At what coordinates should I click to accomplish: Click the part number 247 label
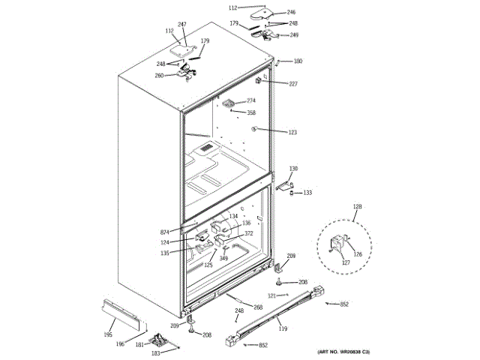click(x=181, y=25)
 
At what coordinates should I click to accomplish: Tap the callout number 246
click(x=291, y=13)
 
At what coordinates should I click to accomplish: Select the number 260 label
click(x=160, y=75)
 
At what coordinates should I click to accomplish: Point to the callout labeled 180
click(x=298, y=61)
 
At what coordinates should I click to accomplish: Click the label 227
click(x=293, y=84)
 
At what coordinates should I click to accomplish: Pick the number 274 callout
click(x=251, y=100)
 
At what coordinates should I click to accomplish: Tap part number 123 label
click(x=292, y=132)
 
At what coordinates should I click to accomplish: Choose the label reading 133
click(x=307, y=193)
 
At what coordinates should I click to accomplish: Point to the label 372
click(x=248, y=233)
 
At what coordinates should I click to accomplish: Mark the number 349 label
click(x=223, y=259)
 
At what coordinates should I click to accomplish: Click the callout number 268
click(x=257, y=307)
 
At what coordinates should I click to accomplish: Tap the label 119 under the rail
click(x=283, y=328)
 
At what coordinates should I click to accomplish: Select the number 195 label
click(x=107, y=334)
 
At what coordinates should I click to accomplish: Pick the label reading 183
click(x=156, y=352)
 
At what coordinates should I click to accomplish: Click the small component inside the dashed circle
click(x=338, y=243)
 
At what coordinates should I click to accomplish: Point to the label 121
click(x=272, y=296)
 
